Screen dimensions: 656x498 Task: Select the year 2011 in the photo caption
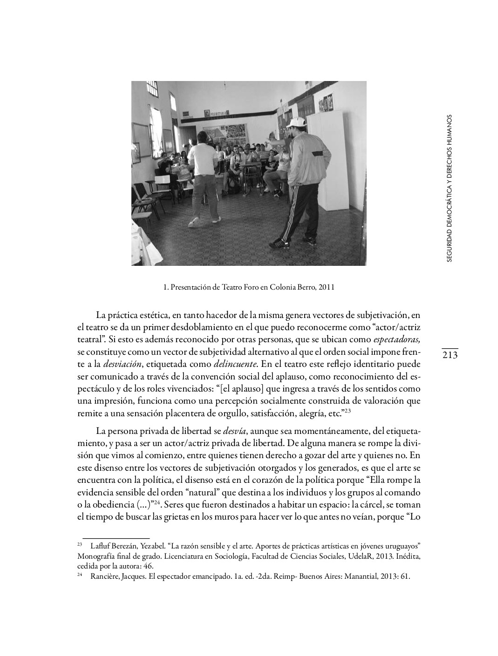tap(326, 287)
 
